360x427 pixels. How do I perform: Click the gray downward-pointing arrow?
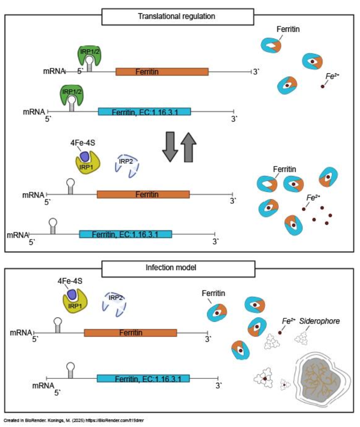tap(170, 146)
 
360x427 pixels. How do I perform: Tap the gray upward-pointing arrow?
tap(189, 146)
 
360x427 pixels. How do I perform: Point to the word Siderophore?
tap(319, 321)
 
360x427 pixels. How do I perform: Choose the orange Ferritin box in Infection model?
tap(130, 333)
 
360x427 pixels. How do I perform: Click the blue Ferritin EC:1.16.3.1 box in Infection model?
tap(143, 378)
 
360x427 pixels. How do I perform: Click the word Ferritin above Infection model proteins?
tap(214, 293)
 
